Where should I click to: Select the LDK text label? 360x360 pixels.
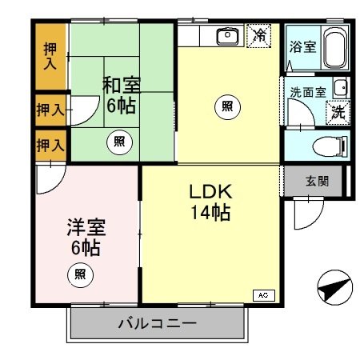click(210, 193)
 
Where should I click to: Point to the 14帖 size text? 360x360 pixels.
click(210, 213)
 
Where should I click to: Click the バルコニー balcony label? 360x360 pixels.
click(156, 324)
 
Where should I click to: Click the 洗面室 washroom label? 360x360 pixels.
click(307, 91)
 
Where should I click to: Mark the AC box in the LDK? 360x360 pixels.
click(262, 295)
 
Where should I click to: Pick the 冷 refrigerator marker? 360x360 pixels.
click(258, 35)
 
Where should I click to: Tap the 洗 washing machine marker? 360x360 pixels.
click(338, 111)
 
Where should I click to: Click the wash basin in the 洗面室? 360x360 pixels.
click(341, 88)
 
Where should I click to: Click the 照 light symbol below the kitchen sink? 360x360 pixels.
click(227, 106)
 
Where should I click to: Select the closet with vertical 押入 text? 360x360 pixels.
click(49, 57)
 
